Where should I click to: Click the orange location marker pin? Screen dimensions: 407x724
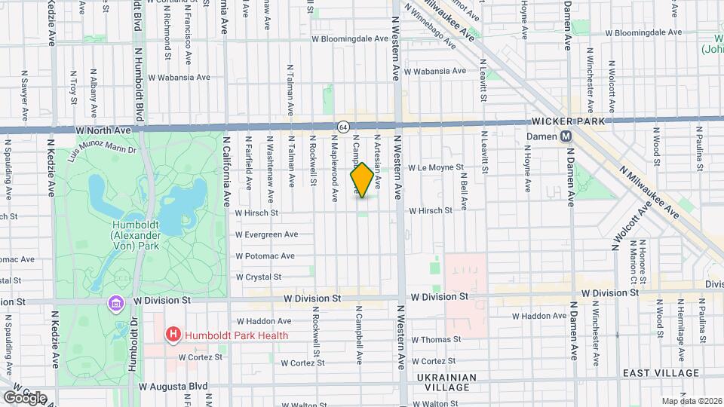[x=362, y=179]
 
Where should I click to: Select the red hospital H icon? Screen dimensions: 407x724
[x=173, y=334]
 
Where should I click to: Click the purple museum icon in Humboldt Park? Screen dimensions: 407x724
[x=115, y=302]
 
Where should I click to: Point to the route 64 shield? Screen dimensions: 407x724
[x=343, y=126]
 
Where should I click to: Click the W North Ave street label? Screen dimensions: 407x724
[x=103, y=130]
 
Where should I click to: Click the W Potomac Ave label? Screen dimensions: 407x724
[x=265, y=256]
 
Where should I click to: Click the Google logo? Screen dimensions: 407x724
[x=25, y=397]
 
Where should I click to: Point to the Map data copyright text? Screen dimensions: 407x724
[x=691, y=401]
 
